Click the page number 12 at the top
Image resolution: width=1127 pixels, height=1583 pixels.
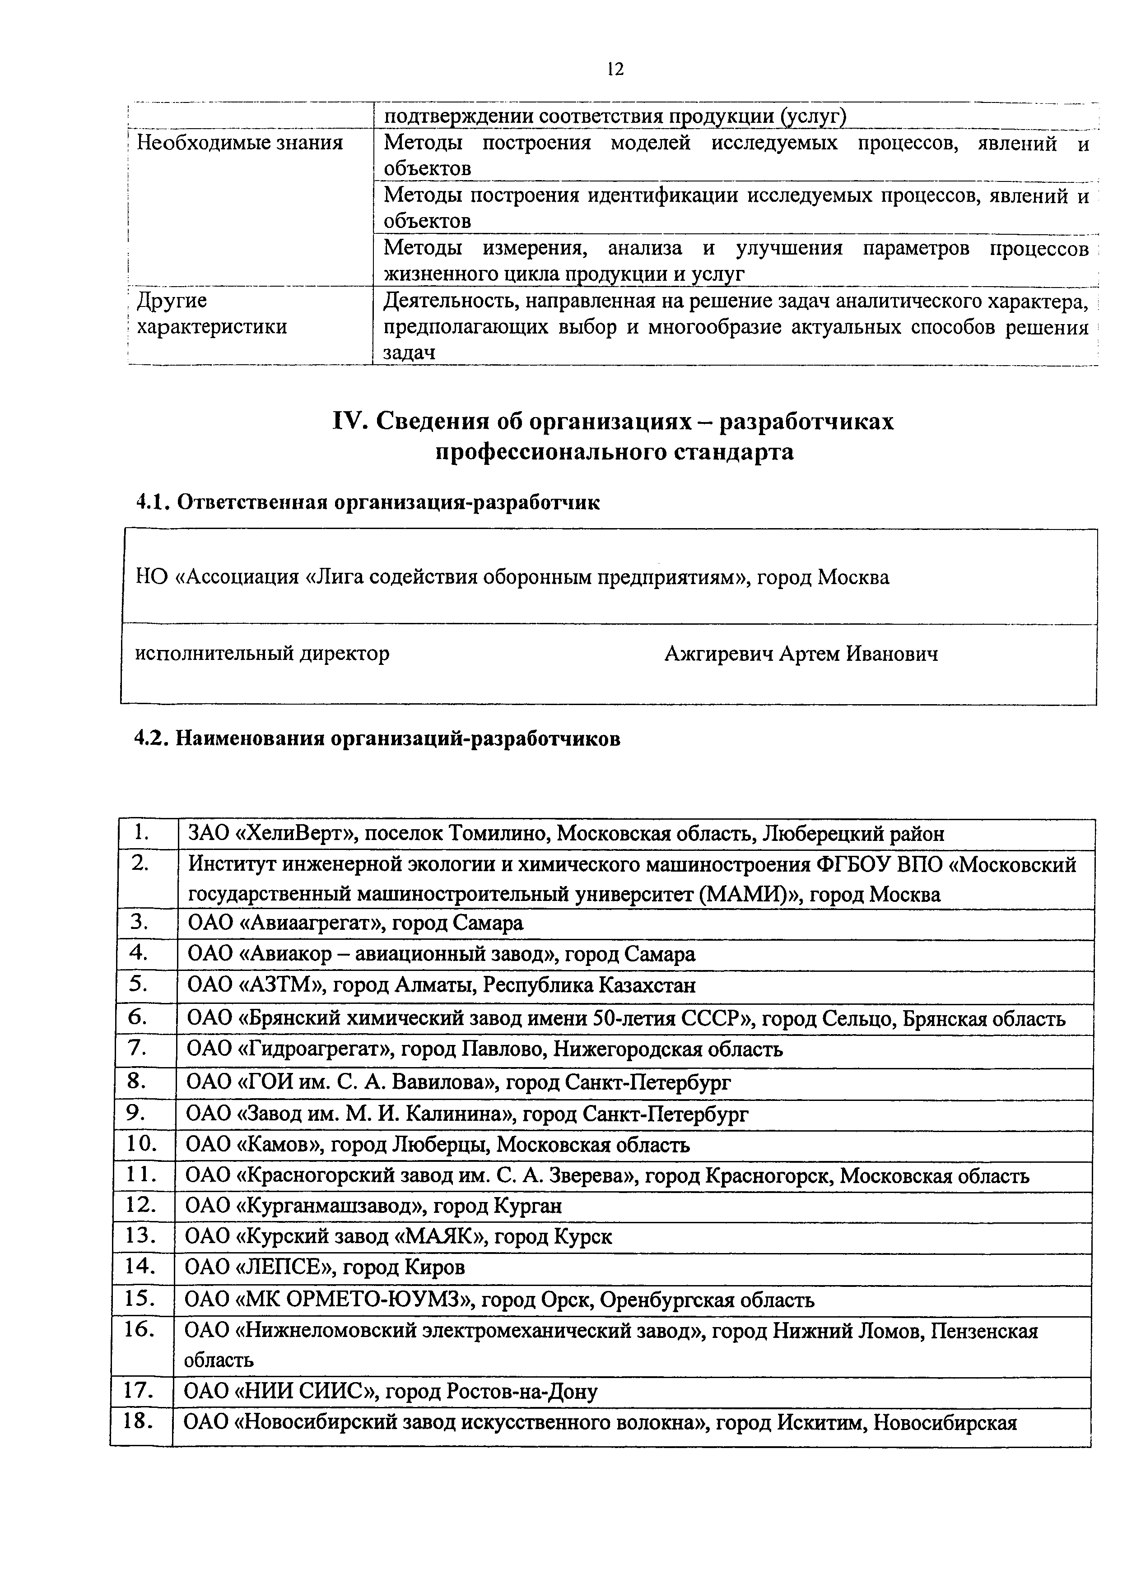(x=615, y=69)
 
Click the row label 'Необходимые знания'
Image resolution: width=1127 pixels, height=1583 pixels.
(x=239, y=143)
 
